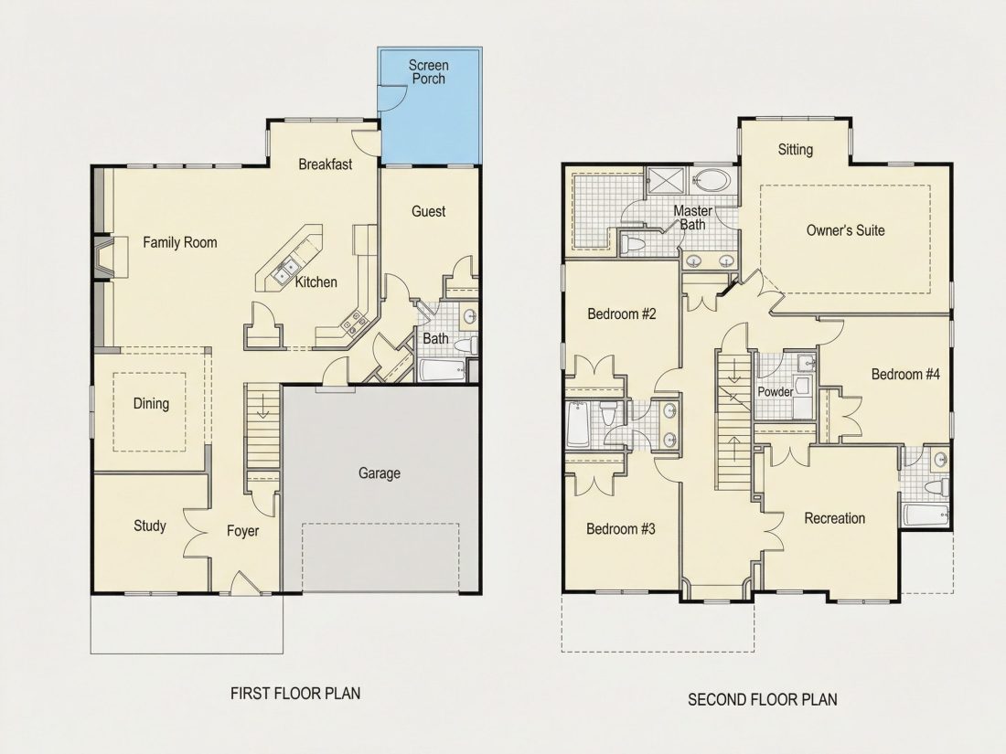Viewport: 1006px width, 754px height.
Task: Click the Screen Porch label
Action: pyautogui.click(x=429, y=72)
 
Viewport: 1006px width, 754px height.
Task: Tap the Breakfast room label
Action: pyautogui.click(x=326, y=165)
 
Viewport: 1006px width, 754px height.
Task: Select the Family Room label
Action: pyautogui.click(x=179, y=242)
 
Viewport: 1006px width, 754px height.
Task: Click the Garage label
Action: pyautogui.click(x=380, y=473)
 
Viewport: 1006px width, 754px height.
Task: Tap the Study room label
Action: pyautogui.click(x=149, y=526)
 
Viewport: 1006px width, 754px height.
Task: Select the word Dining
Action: pyautogui.click(x=151, y=403)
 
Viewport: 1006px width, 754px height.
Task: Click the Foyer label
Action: pyautogui.click(x=242, y=531)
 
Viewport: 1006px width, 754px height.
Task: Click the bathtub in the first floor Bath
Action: pyautogui.click(x=442, y=370)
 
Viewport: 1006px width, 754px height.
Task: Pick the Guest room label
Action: pyautogui.click(x=429, y=211)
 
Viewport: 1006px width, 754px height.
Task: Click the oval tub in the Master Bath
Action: pyautogui.click(x=711, y=180)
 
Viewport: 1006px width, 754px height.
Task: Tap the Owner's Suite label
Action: pyautogui.click(x=845, y=230)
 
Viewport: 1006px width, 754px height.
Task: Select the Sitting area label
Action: pyautogui.click(x=796, y=149)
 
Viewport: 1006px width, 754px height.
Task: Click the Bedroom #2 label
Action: pyautogui.click(x=622, y=313)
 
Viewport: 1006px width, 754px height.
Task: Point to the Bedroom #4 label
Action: pyautogui.click(x=905, y=374)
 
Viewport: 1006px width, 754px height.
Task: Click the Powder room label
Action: pyautogui.click(x=775, y=391)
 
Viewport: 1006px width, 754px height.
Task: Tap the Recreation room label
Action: pyautogui.click(x=835, y=518)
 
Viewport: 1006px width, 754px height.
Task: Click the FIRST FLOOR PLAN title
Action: pyautogui.click(x=295, y=693)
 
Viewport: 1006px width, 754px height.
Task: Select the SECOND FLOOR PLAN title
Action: pyautogui.click(x=762, y=699)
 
